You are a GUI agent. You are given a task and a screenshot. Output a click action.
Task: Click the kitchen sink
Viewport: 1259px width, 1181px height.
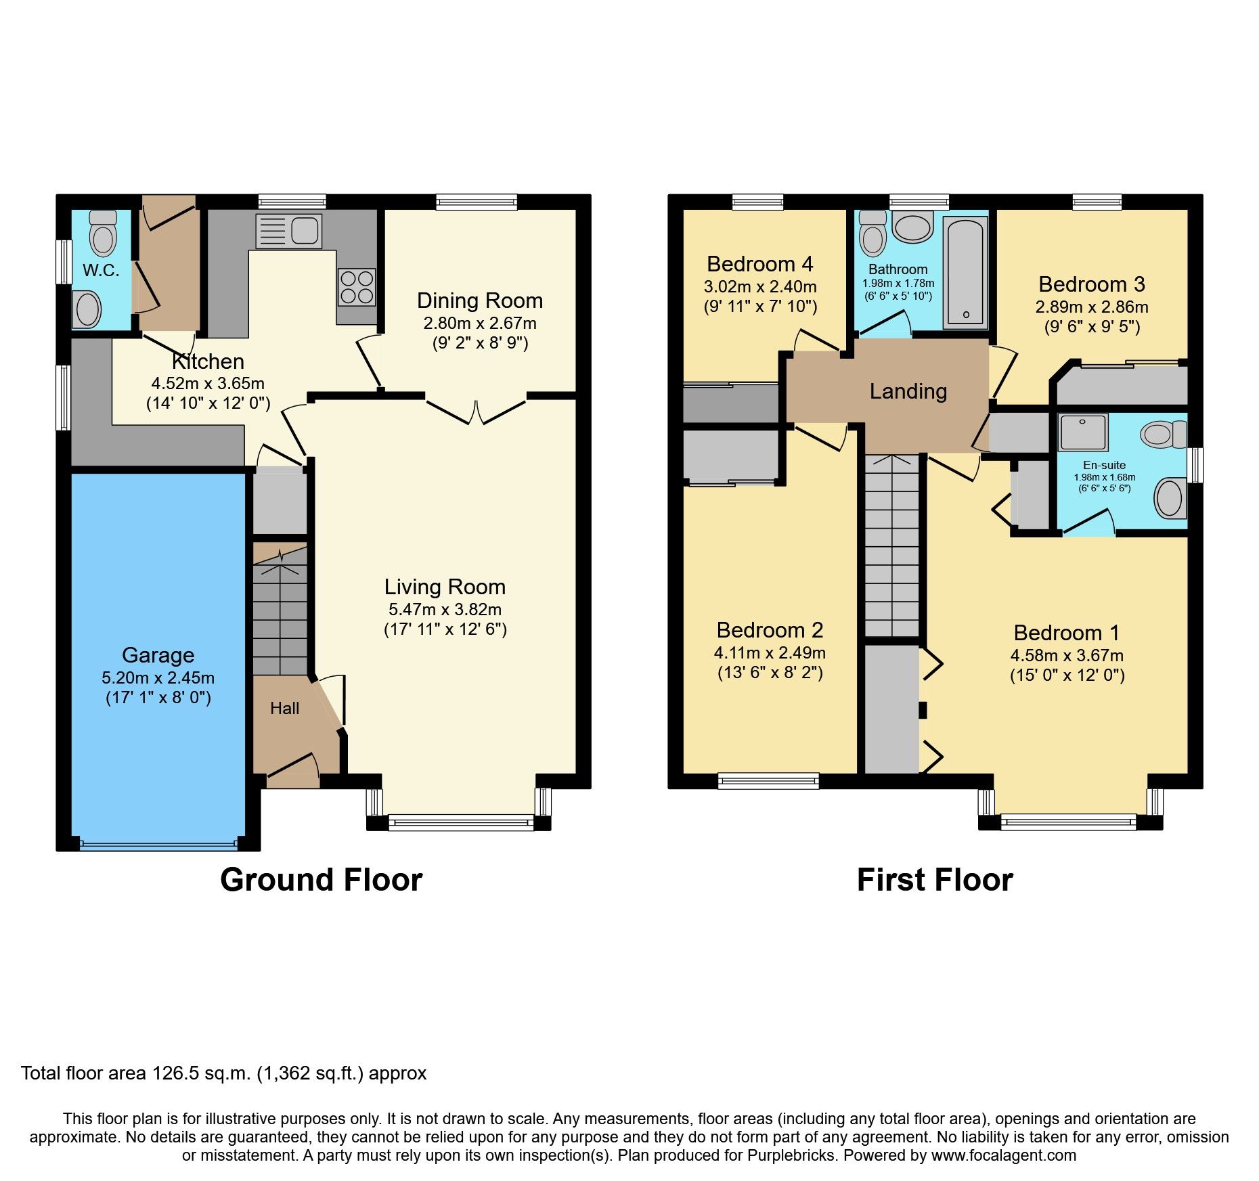(x=288, y=231)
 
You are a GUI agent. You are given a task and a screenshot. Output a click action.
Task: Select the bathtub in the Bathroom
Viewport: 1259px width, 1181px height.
(x=965, y=272)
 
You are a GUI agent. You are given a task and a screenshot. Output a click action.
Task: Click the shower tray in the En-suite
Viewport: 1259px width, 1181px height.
(x=1084, y=432)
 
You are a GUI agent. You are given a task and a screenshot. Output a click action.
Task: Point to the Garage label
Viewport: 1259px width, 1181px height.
(x=158, y=655)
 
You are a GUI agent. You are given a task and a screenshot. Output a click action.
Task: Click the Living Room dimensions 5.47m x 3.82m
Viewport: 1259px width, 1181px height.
(x=445, y=609)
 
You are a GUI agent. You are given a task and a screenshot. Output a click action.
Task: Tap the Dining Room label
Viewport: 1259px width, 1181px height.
(x=480, y=300)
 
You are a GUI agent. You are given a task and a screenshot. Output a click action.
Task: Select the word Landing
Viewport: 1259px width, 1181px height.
(x=908, y=391)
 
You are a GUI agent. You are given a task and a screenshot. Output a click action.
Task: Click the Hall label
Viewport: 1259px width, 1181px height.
(x=284, y=709)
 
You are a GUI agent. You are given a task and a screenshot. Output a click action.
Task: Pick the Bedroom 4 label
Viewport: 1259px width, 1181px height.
(x=760, y=264)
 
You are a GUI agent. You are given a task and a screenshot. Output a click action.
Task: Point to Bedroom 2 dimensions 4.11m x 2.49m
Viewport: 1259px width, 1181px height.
(x=770, y=653)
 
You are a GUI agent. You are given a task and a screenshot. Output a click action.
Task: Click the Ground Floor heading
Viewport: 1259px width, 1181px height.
(x=322, y=881)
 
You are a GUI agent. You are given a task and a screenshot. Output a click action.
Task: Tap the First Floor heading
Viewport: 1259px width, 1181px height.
(x=935, y=881)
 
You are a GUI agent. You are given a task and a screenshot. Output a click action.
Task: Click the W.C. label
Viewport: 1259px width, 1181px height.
(x=101, y=271)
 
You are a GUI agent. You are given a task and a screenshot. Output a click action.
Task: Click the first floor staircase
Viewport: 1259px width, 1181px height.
(x=893, y=545)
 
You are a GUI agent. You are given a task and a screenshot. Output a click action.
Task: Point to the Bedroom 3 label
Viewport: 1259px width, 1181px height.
(x=1092, y=284)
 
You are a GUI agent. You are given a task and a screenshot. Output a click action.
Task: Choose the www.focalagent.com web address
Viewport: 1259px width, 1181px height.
(x=1004, y=1155)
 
